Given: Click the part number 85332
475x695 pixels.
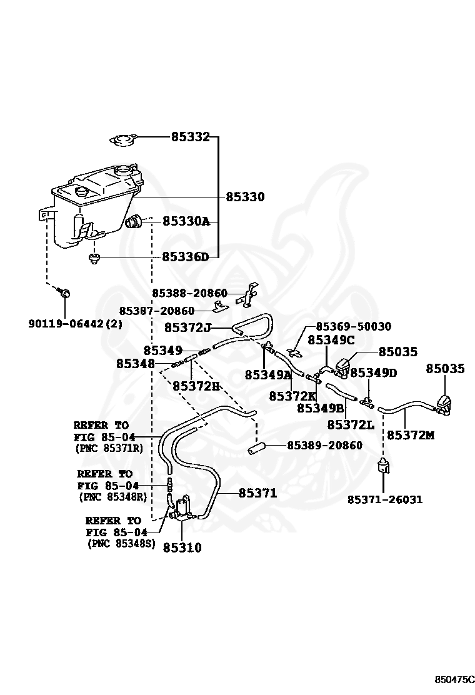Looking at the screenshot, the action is tap(191, 137).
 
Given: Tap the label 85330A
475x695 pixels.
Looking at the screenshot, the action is tap(186, 221).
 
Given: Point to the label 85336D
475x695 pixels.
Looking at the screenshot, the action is tap(185, 257).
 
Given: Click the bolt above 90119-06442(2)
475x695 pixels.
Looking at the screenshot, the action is tap(64, 292).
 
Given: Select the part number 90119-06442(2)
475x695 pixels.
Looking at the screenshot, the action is tap(76, 324).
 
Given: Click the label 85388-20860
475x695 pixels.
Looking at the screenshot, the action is tap(189, 293).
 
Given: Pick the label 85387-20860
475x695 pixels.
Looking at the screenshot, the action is tap(157, 311).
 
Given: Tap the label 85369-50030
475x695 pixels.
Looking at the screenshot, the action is tap(354, 327).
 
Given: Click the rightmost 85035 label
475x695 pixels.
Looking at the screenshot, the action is tap(445, 368).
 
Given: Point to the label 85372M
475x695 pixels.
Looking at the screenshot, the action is tap(411, 435).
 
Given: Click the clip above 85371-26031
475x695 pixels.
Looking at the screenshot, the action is tap(383, 466).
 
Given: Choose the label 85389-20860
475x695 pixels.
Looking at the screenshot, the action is tap(325, 445).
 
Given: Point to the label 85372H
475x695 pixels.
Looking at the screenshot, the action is tap(196, 386).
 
